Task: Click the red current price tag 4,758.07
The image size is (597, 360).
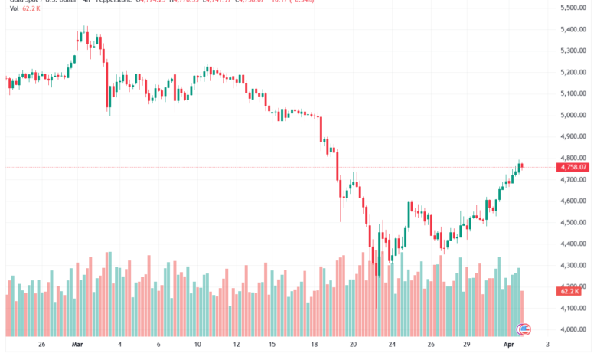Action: click(x=573, y=167)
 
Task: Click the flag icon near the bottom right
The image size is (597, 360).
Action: click(x=524, y=329)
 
